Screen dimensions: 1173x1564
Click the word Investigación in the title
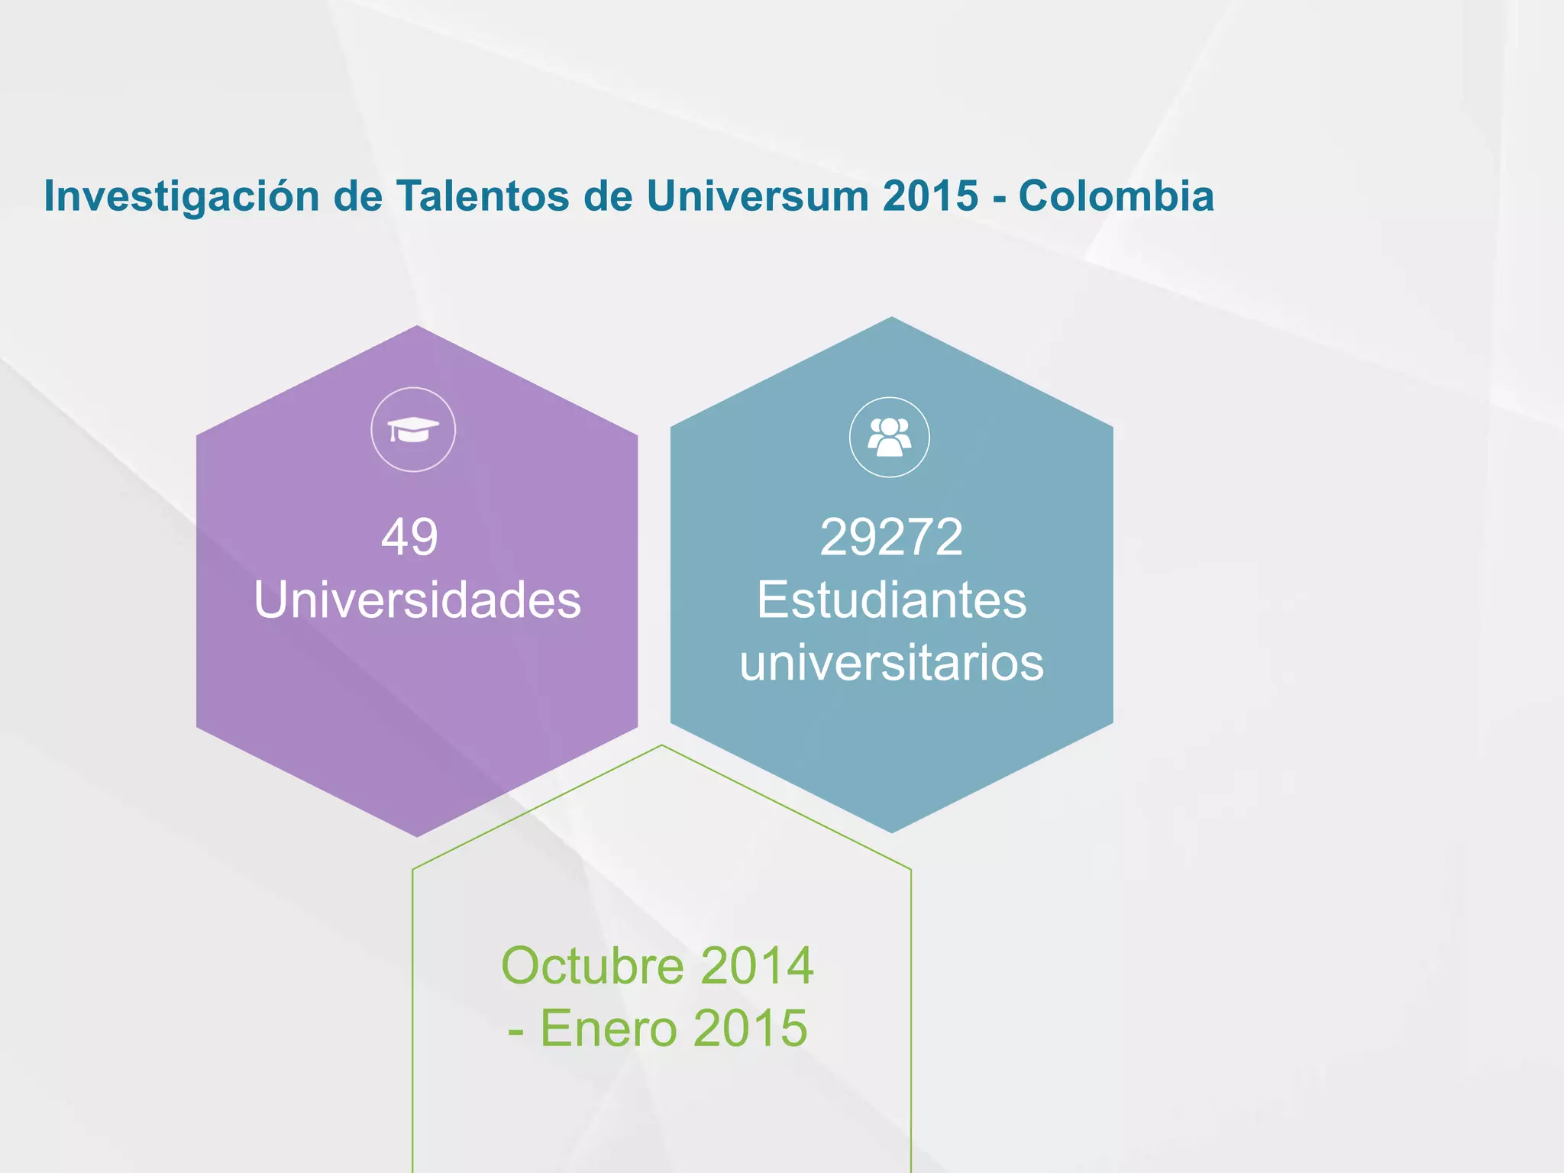pyautogui.click(x=182, y=197)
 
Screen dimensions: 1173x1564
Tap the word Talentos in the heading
pyautogui.click(x=483, y=195)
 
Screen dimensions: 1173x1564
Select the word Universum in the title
pyautogui.click(x=757, y=195)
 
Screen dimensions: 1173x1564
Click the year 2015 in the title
pyautogui.click(x=930, y=195)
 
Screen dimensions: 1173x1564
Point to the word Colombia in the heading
pyautogui.click(x=1116, y=195)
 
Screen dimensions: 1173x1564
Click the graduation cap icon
pyautogui.click(x=413, y=430)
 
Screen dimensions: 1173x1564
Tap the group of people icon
pyautogui.click(x=890, y=438)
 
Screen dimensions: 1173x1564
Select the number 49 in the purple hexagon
pyautogui.click(x=410, y=537)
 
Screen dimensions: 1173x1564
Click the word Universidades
pyautogui.click(x=417, y=599)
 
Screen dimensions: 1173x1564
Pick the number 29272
pyautogui.click(x=891, y=537)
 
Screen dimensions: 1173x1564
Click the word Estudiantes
pyautogui.click(x=891, y=599)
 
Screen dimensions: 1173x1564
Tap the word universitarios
pyautogui.click(x=891, y=662)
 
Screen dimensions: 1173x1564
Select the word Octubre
pyautogui.click(x=593, y=966)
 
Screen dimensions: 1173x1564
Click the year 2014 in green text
pyautogui.click(x=757, y=966)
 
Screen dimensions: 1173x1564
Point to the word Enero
pyautogui.click(x=609, y=1028)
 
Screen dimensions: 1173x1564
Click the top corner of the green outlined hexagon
pyautogui.click(x=662, y=745)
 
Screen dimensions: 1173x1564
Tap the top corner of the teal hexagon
pyautogui.click(x=891, y=318)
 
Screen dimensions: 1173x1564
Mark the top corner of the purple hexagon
pyautogui.click(x=417, y=327)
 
